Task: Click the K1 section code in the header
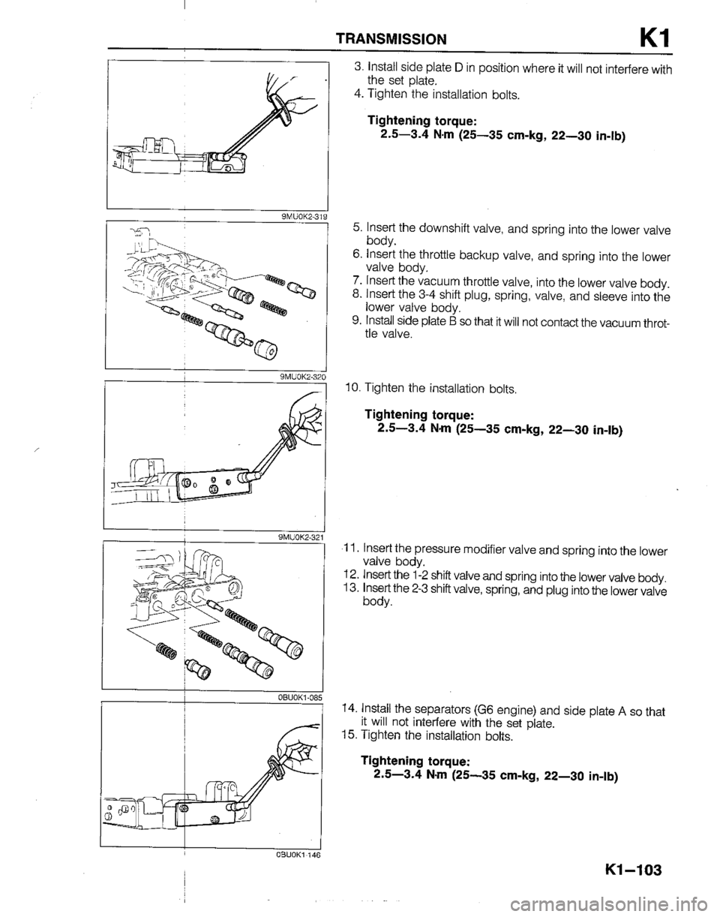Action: pyautogui.click(x=641, y=35)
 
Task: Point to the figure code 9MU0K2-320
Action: pyautogui.click(x=299, y=377)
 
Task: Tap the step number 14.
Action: pyautogui.click(x=348, y=707)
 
